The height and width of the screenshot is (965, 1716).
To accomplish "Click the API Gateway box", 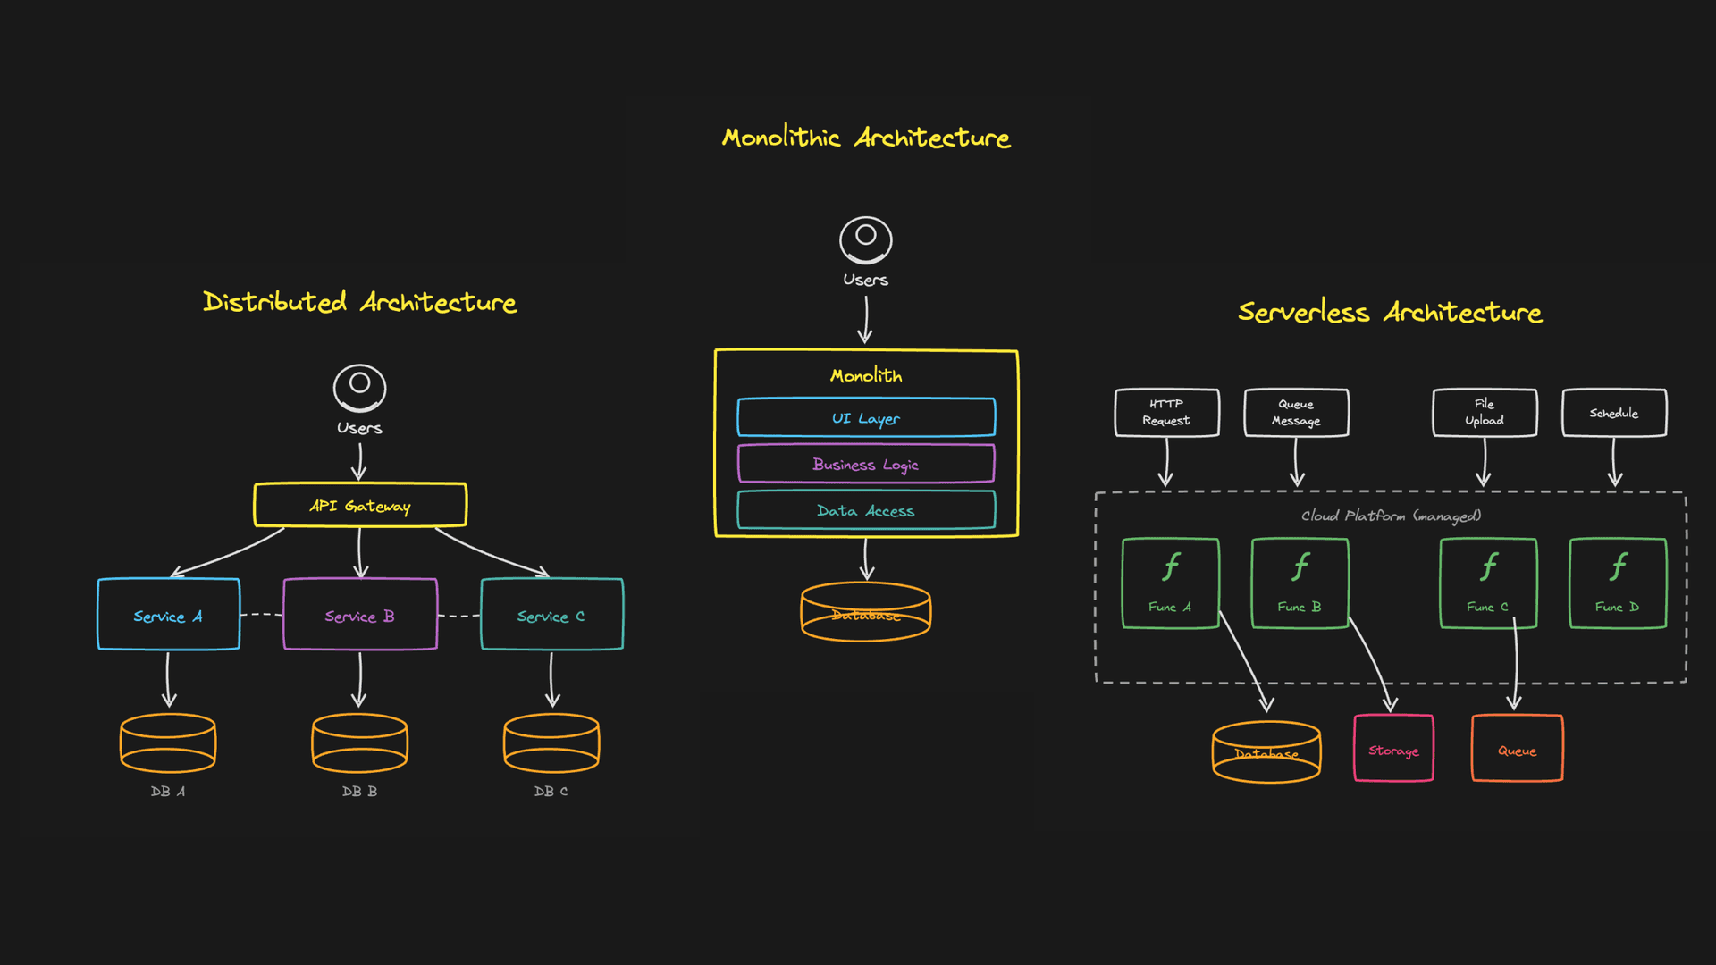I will (360, 506).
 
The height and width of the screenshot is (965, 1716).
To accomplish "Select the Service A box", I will (168, 615).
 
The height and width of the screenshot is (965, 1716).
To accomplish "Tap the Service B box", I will (360, 615).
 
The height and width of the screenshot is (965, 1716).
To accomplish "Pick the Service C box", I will (551, 615).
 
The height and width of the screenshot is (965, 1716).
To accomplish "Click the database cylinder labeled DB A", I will (168, 743).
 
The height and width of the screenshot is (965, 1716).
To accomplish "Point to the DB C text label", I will (551, 792).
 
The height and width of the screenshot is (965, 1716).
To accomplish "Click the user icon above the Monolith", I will (865, 239).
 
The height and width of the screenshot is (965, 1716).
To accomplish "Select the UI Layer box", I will (866, 418).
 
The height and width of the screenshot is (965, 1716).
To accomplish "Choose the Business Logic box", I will (866, 465).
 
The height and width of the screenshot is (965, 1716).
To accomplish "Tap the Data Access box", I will (866, 511).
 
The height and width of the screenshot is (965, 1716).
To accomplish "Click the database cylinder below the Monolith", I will (866, 613).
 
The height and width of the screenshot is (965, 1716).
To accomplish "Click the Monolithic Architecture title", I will (866, 138).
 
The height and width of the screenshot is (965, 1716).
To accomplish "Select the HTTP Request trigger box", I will (1166, 413).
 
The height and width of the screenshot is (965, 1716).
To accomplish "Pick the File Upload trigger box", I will (1485, 413).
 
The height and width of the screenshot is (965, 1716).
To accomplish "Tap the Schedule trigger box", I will (1614, 413).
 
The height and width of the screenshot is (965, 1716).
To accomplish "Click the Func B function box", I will (1300, 583).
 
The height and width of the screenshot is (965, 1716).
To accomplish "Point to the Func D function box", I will (1618, 583).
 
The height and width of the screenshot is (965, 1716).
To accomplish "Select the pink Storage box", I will (1393, 749).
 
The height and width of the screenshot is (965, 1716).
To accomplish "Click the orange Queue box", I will (1517, 749).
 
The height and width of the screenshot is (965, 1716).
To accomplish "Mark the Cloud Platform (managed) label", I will (1391, 516).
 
